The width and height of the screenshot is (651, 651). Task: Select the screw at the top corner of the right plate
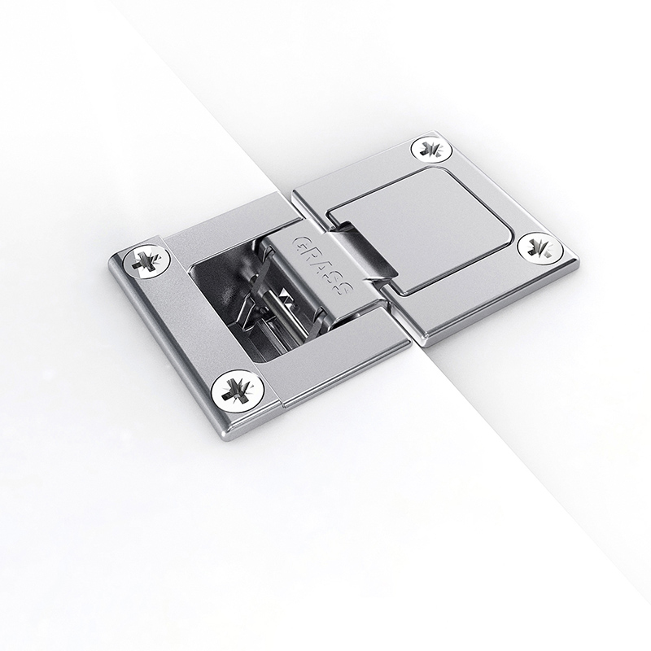click(432, 149)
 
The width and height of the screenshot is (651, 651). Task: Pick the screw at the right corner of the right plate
click(540, 248)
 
